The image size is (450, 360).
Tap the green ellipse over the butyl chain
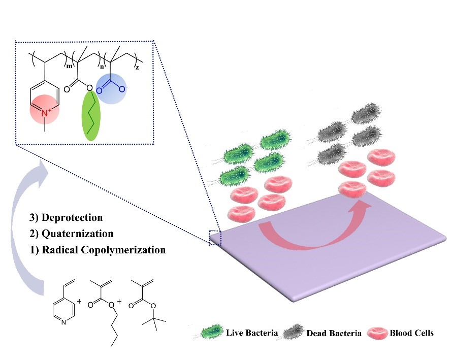point(92,115)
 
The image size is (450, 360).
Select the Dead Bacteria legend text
point(334,333)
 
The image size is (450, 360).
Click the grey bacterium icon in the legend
point(292,333)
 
